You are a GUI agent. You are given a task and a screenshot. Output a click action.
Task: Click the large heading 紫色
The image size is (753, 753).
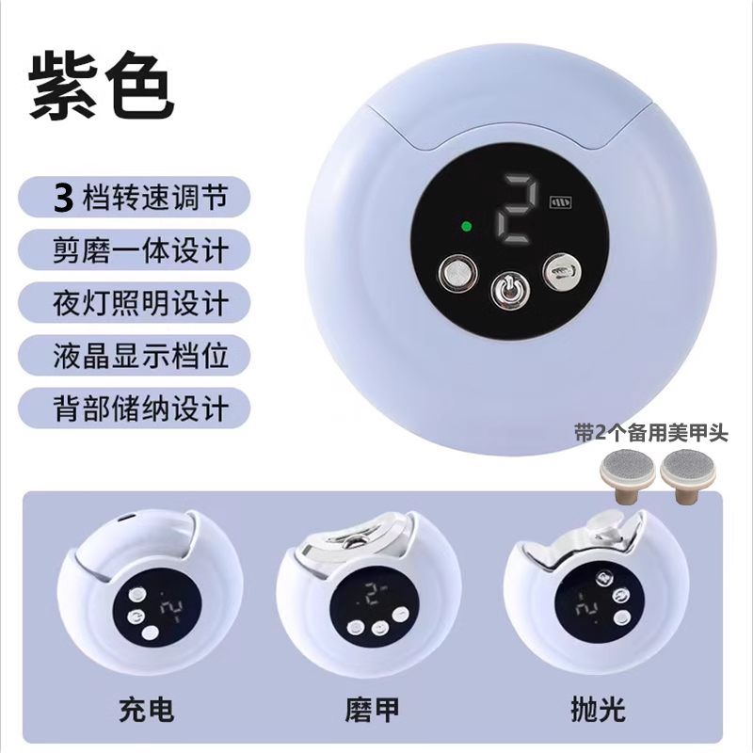pos(102,88)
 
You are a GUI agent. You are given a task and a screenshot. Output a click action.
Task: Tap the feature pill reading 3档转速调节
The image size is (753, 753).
pos(135,197)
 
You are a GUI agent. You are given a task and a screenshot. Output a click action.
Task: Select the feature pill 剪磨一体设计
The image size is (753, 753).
pos(135,249)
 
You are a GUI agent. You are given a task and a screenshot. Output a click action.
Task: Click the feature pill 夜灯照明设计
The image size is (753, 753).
pos(135,302)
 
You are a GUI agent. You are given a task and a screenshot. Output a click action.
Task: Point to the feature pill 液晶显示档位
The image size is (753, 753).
pos(135,356)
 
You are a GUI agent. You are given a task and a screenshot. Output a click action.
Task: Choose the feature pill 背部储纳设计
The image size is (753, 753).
pos(135,409)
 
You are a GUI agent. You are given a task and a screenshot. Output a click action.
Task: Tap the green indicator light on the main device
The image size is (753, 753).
pos(465,226)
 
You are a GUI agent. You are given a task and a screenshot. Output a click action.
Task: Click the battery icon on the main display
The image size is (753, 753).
pos(561,202)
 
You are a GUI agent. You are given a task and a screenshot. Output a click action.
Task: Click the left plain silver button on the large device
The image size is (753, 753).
pos(458,275)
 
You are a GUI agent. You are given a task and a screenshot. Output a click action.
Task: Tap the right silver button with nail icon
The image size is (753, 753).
pos(562,272)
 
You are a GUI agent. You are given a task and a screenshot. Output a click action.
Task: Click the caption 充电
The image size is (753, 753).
pos(147,710)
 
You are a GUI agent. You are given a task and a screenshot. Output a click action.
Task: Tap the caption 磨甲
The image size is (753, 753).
pos(372,710)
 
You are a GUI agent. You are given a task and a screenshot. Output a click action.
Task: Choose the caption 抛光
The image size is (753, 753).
pos(598,710)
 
